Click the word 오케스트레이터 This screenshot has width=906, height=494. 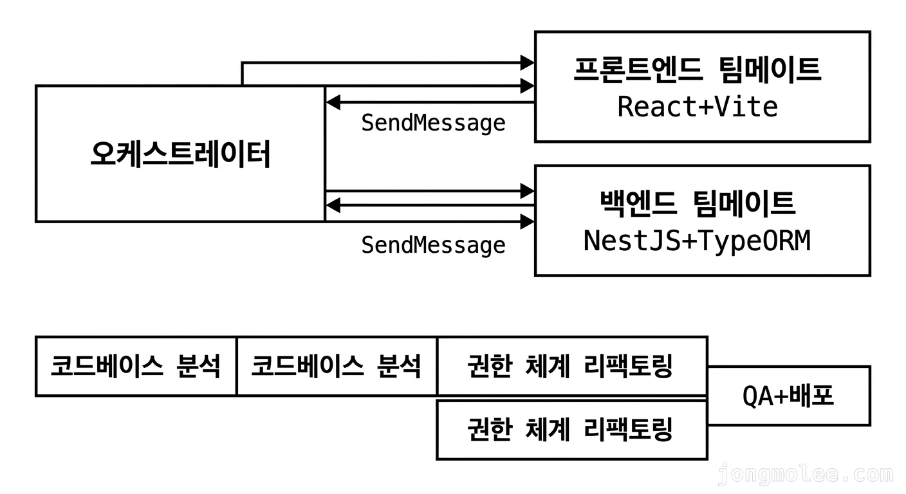(180, 154)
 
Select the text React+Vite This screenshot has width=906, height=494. (698, 107)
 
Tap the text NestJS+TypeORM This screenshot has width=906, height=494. (697, 241)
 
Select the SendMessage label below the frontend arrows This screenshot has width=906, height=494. (433, 123)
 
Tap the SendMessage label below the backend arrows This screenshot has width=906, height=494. (433, 245)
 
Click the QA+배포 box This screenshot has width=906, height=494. (788, 396)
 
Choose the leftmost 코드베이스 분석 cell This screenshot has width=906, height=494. (136, 366)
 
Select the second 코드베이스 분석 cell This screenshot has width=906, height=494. (336, 366)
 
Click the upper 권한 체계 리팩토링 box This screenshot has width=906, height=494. (571, 366)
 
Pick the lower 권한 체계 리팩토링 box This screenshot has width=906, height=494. (571, 429)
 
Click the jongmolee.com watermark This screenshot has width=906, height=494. (805, 475)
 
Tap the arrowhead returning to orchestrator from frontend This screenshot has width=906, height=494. (333, 102)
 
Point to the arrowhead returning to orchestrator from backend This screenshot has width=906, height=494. (333, 205)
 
